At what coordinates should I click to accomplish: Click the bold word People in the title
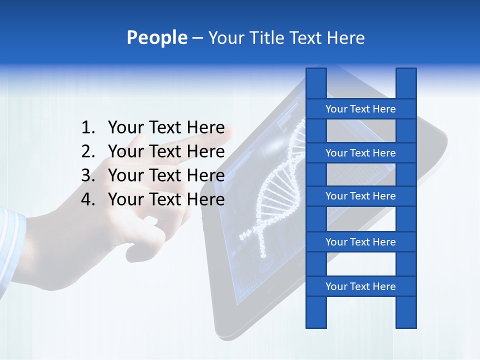click(x=156, y=38)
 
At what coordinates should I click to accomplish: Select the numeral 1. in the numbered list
click(x=87, y=128)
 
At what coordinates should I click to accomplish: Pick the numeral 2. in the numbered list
click(x=87, y=151)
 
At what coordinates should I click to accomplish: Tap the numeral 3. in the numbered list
click(x=87, y=175)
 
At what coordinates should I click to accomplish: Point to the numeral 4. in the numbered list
click(x=87, y=199)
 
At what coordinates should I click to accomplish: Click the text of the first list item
click(x=166, y=128)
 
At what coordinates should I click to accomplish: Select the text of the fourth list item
click(x=166, y=199)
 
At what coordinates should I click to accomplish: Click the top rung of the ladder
click(x=360, y=109)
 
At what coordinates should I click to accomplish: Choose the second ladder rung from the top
click(x=360, y=153)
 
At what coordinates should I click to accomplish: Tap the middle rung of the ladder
click(x=360, y=196)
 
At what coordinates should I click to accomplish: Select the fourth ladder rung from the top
click(x=360, y=242)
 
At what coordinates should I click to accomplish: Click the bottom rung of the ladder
click(x=360, y=286)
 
